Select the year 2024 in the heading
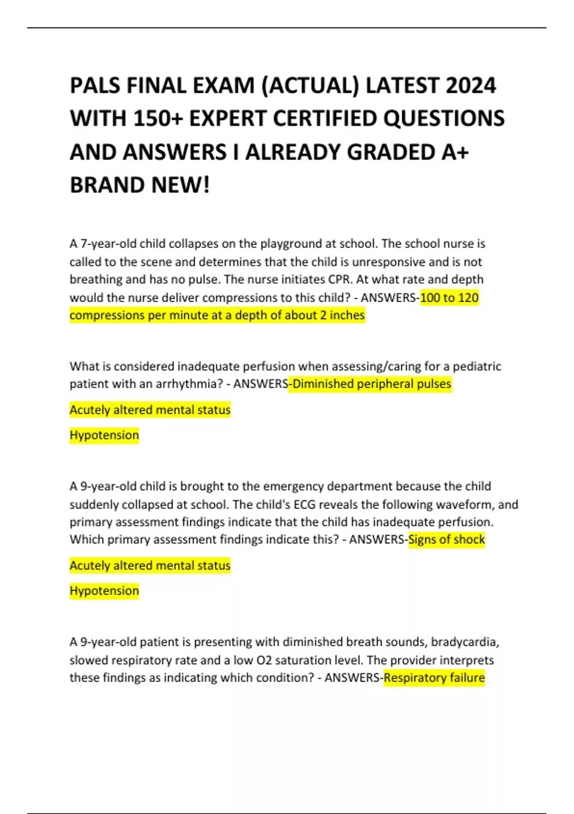click(x=471, y=86)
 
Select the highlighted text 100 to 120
click(x=449, y=298)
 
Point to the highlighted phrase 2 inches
click(x=342, y=316)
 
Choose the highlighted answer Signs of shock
click(x=446, y=540)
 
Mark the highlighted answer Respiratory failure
click(x=434, y=678)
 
